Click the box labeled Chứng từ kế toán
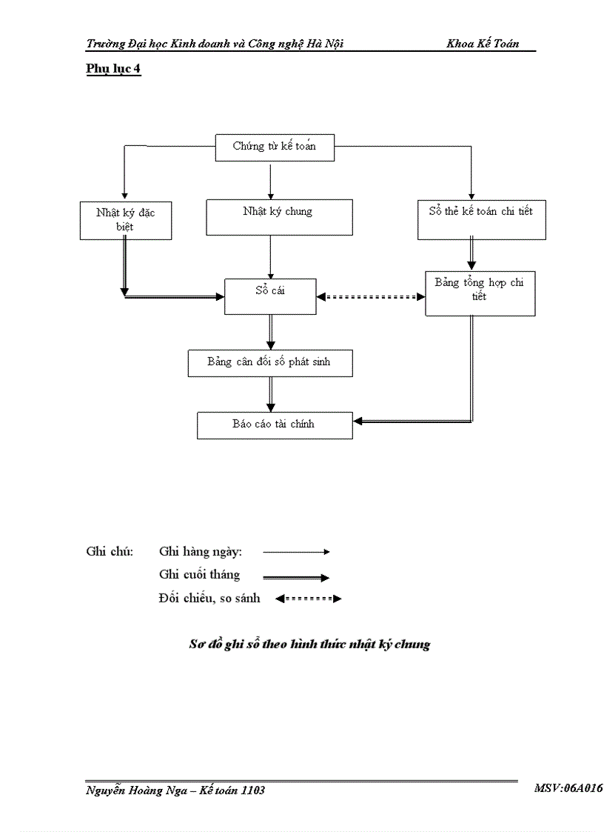coord(274,147)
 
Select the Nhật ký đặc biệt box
coord(125,220)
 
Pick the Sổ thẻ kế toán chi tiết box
coord(481,220)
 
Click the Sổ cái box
coord(270,296)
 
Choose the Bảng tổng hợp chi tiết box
coord(480,293)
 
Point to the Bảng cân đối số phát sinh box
coord(269,363)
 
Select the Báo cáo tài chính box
coord(274,425)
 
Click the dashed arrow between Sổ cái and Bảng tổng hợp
coord(371,296)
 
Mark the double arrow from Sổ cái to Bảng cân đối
coord(271,331)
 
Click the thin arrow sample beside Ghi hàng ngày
coord(296,552)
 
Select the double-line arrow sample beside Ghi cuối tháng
coord(296,577)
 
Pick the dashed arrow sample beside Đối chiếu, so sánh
coord(308,599)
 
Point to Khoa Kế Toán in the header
coord(483,44)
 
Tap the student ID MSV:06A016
coord(568,789)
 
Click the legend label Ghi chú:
coord(110,552)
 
